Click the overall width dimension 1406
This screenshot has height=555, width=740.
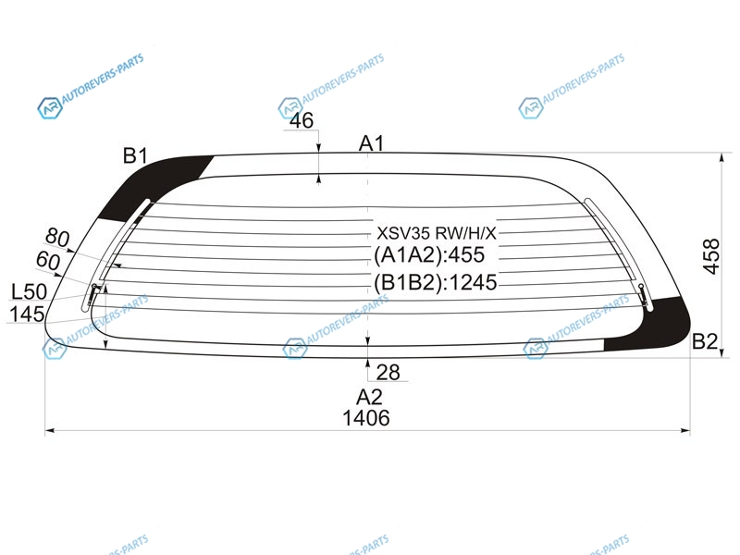pos(366,418)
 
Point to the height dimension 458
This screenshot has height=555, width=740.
pos(711,256)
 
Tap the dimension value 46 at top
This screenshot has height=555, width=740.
pos(302,120)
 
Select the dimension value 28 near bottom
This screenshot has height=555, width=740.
pos(388,373)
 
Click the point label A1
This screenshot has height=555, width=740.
pos(372,143)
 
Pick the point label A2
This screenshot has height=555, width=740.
pos(369,397)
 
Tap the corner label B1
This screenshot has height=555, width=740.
pos(135,155)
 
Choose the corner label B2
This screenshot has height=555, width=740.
pos(705,341)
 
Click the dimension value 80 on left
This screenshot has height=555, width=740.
pos(57,237)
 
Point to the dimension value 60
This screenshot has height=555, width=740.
pos(48,261)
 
